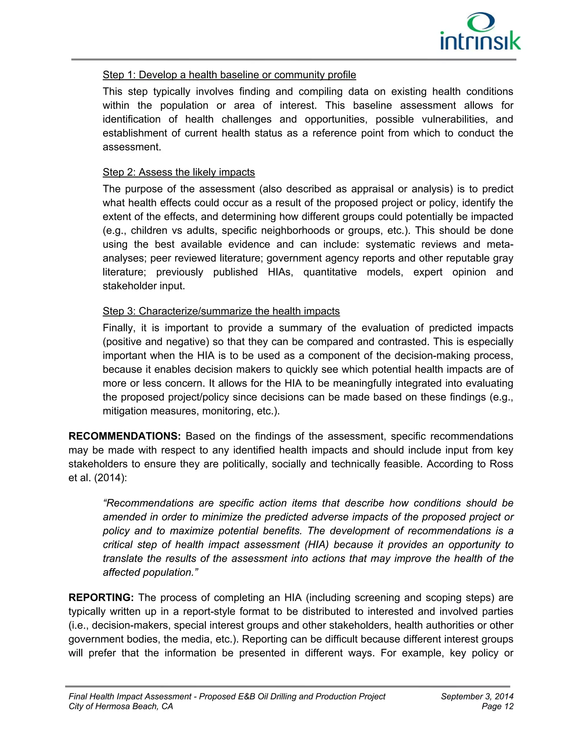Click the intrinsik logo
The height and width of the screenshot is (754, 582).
(x=481, y=32)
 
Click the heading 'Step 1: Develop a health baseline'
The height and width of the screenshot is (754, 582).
(x=229, y=75)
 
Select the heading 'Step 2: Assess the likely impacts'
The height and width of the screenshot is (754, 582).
(x=178, y=172)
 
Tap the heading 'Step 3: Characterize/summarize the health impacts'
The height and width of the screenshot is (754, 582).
(x=221, y=311)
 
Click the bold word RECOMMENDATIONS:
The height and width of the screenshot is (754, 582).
(x=124, y=436)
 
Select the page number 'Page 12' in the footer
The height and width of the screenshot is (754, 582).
(x=497, y=706)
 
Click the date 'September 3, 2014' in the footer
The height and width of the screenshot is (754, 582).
(x=477, y=696)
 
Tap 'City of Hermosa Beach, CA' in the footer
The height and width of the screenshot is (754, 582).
(x=121, y=706)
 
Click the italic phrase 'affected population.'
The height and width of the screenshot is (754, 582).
(x=150, y=572)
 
